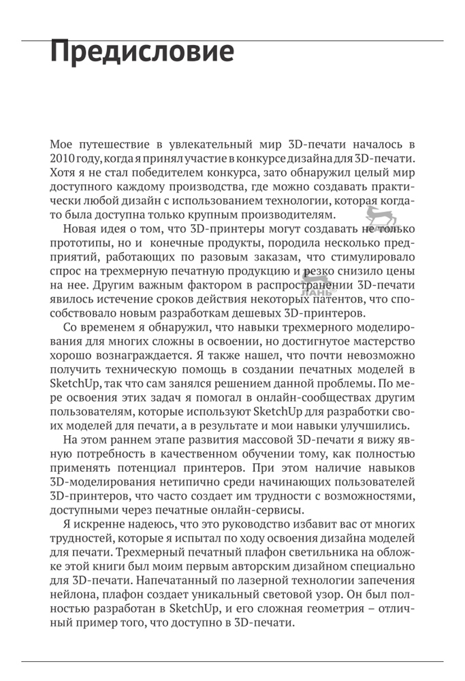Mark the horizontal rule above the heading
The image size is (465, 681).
[232, 41]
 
